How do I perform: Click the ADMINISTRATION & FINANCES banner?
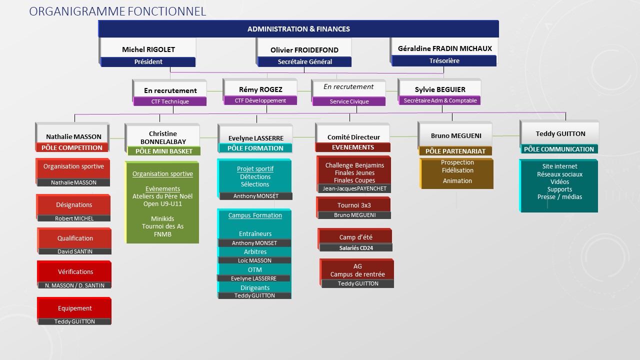pyautogui.click(x=298, y=29)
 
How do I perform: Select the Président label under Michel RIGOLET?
pyautogui.click(x=148, y=61)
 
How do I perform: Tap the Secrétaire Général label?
pyautogui.click(x=304, y=61)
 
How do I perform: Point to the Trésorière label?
pyautogui.click(x=444, y=61)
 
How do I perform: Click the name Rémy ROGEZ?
pyautogui.click(x=260, y=89)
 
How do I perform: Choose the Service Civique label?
pyautogui.click(x=349, y=101)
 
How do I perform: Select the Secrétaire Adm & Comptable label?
pyautogui.click(x=440, y=100)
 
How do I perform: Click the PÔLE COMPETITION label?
pyautogui.click(x=72, y=147)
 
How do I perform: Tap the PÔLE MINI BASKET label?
pyautogui.click(x=164, y=151)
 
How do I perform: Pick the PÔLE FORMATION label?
pyautogui.click(x=255, y=148)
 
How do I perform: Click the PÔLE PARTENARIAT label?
pyautogui.click(x=455, y=151)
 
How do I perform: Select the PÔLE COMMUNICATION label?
pyautogui.click(x=559, y=149)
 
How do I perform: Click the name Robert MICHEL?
pyautogui.click(x=74, y=218)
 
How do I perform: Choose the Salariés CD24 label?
pyautogui.click(x=356, y=248)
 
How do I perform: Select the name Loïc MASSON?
pyautogui.click(x=254, y=260)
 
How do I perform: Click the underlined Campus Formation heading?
pyautogui.click(x=255, y=215)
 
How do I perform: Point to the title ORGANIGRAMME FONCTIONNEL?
pyautogui.click(x=117, y=11)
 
